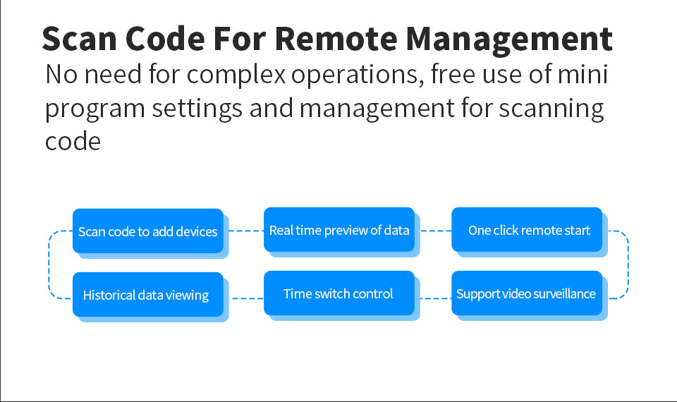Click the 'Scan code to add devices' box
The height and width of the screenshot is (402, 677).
(147, 231)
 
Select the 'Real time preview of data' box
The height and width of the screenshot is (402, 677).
(339, 230)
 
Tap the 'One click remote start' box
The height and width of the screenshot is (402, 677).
(527, 230)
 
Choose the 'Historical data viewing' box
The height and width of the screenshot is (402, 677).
(147, 295)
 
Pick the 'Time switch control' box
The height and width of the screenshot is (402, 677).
(339, 293)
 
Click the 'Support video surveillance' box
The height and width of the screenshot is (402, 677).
(527, 293)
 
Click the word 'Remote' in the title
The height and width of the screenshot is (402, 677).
(336, 39)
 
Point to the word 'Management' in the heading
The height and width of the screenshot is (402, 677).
(509, 40)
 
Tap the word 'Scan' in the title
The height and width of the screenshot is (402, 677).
(80, 39)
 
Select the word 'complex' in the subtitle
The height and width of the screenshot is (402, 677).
(236, 75)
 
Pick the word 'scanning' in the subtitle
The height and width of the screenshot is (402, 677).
(551, 109)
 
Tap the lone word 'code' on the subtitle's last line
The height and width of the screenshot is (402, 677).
(73, 141)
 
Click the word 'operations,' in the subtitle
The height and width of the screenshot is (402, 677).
(358, 75)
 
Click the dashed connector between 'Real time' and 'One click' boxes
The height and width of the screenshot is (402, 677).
(436, 231)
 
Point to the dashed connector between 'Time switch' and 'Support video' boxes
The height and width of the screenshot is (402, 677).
(436, 298)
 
